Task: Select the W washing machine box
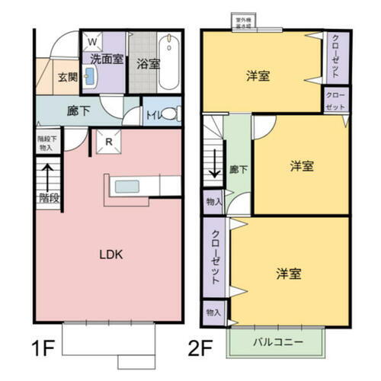coord(91,41)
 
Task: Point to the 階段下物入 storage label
coord(46,145)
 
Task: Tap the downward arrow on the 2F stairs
coord(215,162)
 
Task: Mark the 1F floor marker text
coord(43,351)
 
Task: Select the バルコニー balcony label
coord(277,341)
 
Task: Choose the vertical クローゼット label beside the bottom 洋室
coord(216,257)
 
